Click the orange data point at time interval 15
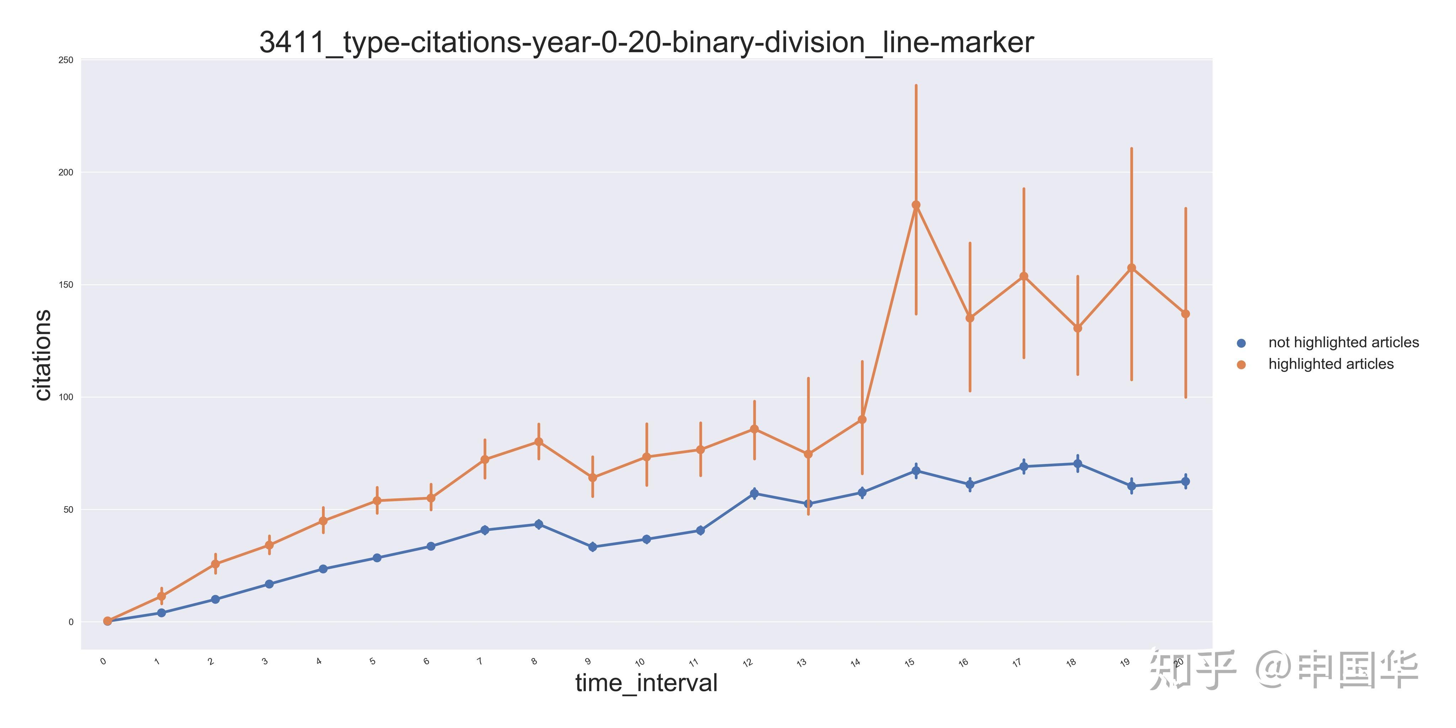click(x=916, y=205)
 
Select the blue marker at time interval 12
click(x=754, y=493)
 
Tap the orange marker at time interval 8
click(x=539, y=442)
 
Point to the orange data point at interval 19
click(x=1131, y=268)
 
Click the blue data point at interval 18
click(x=1077, y=464)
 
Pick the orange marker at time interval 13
click(x=808, y=454)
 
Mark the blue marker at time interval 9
click(x=592, y=547)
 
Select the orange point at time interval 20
click(x=1185, y=314)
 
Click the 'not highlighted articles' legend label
click(x=1343, y=343)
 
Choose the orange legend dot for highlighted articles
click(x=1241, y=365)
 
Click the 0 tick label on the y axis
click(x=71, y=622)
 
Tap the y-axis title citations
click(x=42, y=355)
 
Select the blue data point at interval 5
click(x=377, y=558)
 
